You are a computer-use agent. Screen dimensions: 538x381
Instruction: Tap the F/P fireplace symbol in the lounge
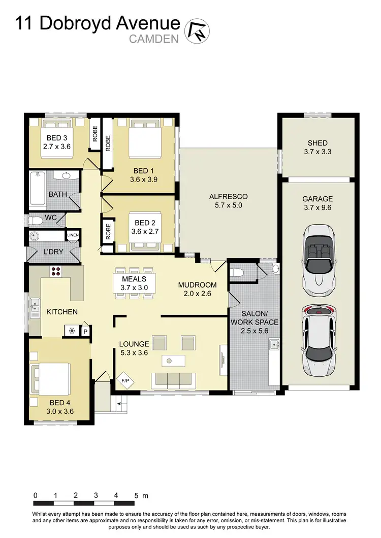point(124,379)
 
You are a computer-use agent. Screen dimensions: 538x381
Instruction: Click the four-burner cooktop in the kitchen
point(56,271)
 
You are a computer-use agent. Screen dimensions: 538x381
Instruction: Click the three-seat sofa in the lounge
point(173,379)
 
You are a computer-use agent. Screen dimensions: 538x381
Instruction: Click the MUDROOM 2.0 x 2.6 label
point(197,289)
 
